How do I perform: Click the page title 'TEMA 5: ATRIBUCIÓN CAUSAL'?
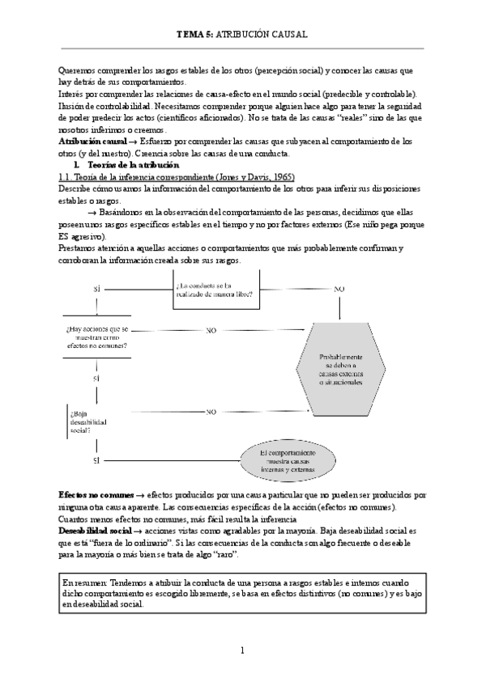(242, 35)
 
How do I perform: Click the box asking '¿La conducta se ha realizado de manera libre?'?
(215, 289)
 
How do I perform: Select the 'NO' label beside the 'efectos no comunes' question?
(211, 331)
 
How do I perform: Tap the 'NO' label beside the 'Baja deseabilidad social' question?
(211, 412)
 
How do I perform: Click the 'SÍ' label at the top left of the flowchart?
(96, 289)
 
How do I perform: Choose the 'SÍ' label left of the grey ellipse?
(96, 460)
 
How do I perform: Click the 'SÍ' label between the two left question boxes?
(96, 378)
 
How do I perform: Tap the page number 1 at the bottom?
(242, 650)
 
